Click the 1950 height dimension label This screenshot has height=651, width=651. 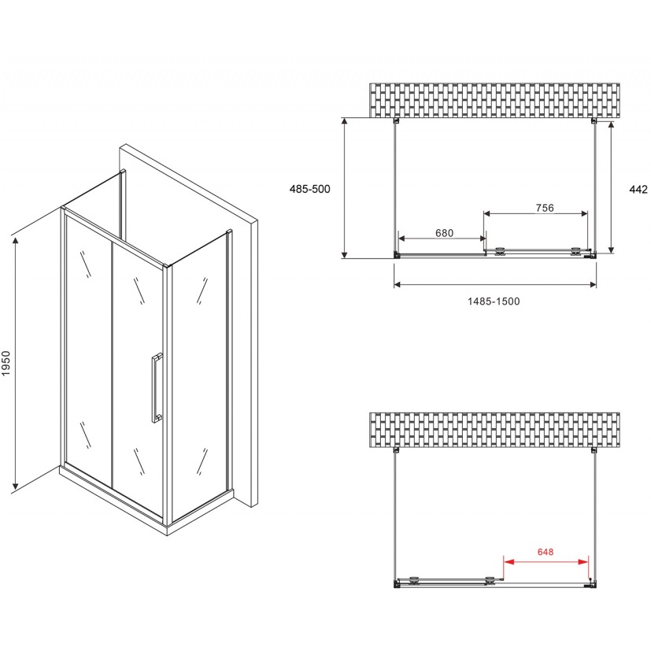[6, 364]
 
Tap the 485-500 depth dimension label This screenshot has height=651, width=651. [309, 189]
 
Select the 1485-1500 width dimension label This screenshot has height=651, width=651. [494, 301]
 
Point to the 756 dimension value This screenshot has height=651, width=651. [545, 208]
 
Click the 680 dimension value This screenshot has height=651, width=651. [444, 233]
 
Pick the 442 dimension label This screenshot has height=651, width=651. [638, 190]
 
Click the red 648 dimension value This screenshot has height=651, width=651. [546, 552]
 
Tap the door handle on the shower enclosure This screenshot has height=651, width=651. [157, 388]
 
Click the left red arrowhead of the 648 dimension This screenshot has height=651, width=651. [509, 562]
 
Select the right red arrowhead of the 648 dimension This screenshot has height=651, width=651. [583, 562]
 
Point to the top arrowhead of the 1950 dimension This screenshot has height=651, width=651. [16, 242]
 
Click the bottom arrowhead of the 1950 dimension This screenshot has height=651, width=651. [16, 484]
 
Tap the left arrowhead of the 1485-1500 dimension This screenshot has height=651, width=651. [398, 284]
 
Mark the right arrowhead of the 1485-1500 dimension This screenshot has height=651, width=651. [593, 284]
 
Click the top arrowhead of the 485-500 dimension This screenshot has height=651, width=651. [344, 122]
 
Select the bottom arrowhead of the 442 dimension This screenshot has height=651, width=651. [611, 249]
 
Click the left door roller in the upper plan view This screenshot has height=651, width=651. [500, 251]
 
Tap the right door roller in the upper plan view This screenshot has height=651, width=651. [575, 251]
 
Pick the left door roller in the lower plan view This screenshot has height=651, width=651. [414, 580]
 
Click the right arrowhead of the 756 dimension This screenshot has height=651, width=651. [584, 213]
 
